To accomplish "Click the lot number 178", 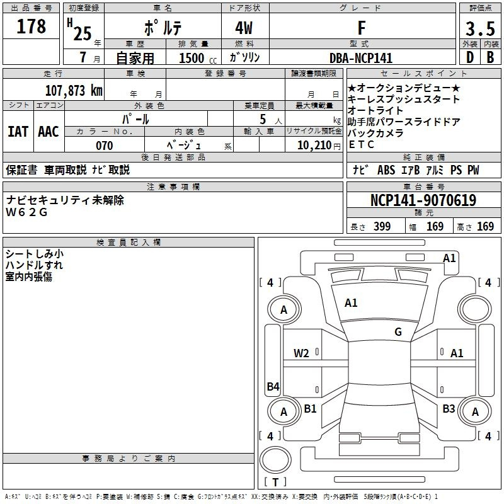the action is click(31, 26).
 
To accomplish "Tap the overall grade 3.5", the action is click(480, 28).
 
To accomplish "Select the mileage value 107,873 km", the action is click(74, 91).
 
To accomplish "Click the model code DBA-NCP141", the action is click(361, 58).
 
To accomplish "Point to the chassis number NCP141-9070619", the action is click(423, 200).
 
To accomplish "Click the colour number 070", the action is click(105, 146).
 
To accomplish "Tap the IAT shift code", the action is click(18, 132).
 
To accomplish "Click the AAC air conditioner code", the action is click(49, 132).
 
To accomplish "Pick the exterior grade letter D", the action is click(470, 57).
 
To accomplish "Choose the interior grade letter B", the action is click(490, 57).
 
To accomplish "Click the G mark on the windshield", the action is click(398, 331).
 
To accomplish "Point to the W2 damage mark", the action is click(301, 353).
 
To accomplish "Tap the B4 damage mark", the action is click(273, 386).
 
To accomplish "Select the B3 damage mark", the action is click(449, 408).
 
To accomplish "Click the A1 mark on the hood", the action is click(351, 303).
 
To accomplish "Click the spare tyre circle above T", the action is click(275, 460).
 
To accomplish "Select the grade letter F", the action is click(362, 28).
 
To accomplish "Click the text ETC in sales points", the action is click(361, 145).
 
